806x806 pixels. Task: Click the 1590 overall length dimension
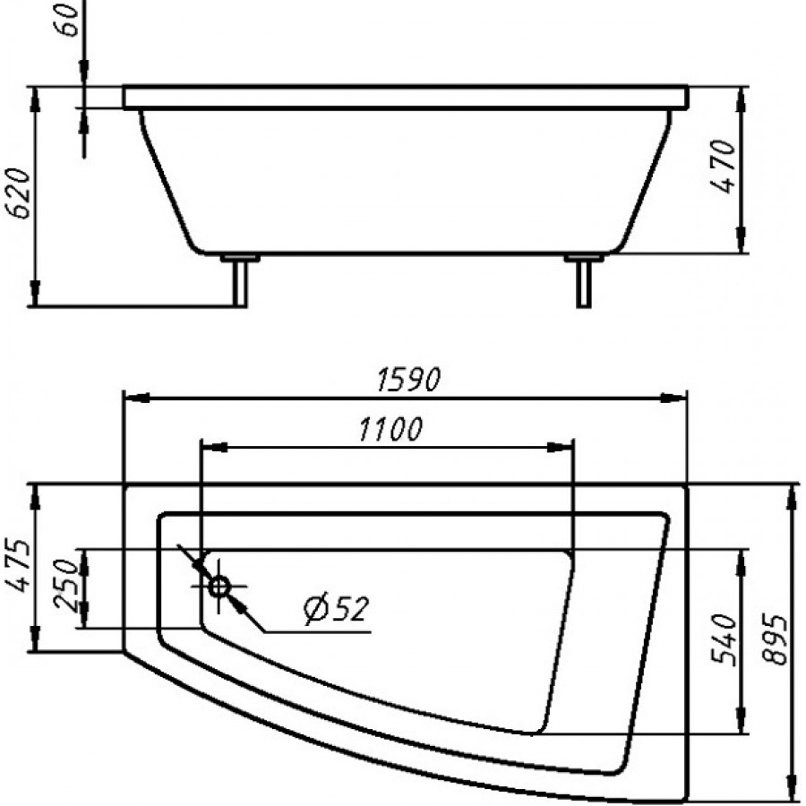[408, 379]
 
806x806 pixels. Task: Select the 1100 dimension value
[390, 429]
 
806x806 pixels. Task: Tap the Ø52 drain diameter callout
[336, 609]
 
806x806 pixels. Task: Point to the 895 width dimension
[776, 639]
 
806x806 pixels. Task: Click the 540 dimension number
[725, 639]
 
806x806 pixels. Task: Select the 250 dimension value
[65, 585]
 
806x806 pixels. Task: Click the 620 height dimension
[20, 193]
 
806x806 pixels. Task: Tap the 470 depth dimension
[724, 167]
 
